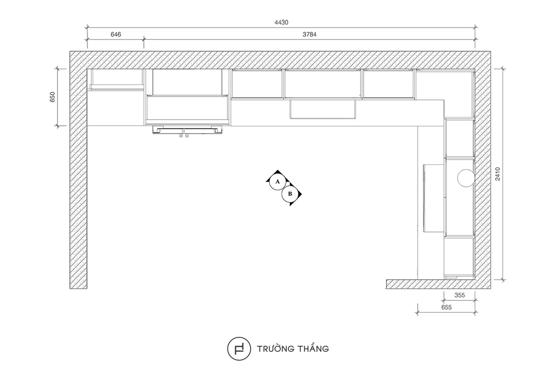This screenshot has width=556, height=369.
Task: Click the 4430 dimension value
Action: click(x=281, y=23)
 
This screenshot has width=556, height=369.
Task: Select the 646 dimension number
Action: click(x=116, y=35)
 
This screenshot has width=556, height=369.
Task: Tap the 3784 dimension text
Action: click(x=309, y=35)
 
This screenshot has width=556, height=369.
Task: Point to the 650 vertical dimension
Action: click(x=52, y=97)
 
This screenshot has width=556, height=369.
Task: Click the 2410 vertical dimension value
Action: click(x=498, y=174)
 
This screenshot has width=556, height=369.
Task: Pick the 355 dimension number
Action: click(x=459, y=295)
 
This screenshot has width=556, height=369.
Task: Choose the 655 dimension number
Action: click(x=446, y=307)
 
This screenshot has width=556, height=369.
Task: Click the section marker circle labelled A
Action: click(x=278, y=182)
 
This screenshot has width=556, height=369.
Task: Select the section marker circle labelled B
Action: click(x=290, y=194)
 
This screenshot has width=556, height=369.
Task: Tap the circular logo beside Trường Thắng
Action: click(x=239, y=349)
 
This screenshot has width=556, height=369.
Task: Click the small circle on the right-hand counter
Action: click(x=466, y=178)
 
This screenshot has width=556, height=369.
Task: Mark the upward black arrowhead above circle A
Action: click(x=278, y=171)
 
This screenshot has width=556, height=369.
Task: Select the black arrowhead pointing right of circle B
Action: click(x=300, y=194)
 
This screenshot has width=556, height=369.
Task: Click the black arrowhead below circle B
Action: click(x=291, y=204)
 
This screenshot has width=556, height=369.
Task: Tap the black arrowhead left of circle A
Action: click(x=268, y=180)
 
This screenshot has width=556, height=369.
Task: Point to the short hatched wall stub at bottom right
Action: click(x=431, y=284)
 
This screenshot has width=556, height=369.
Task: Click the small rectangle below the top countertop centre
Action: click(x=322, y=110)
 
